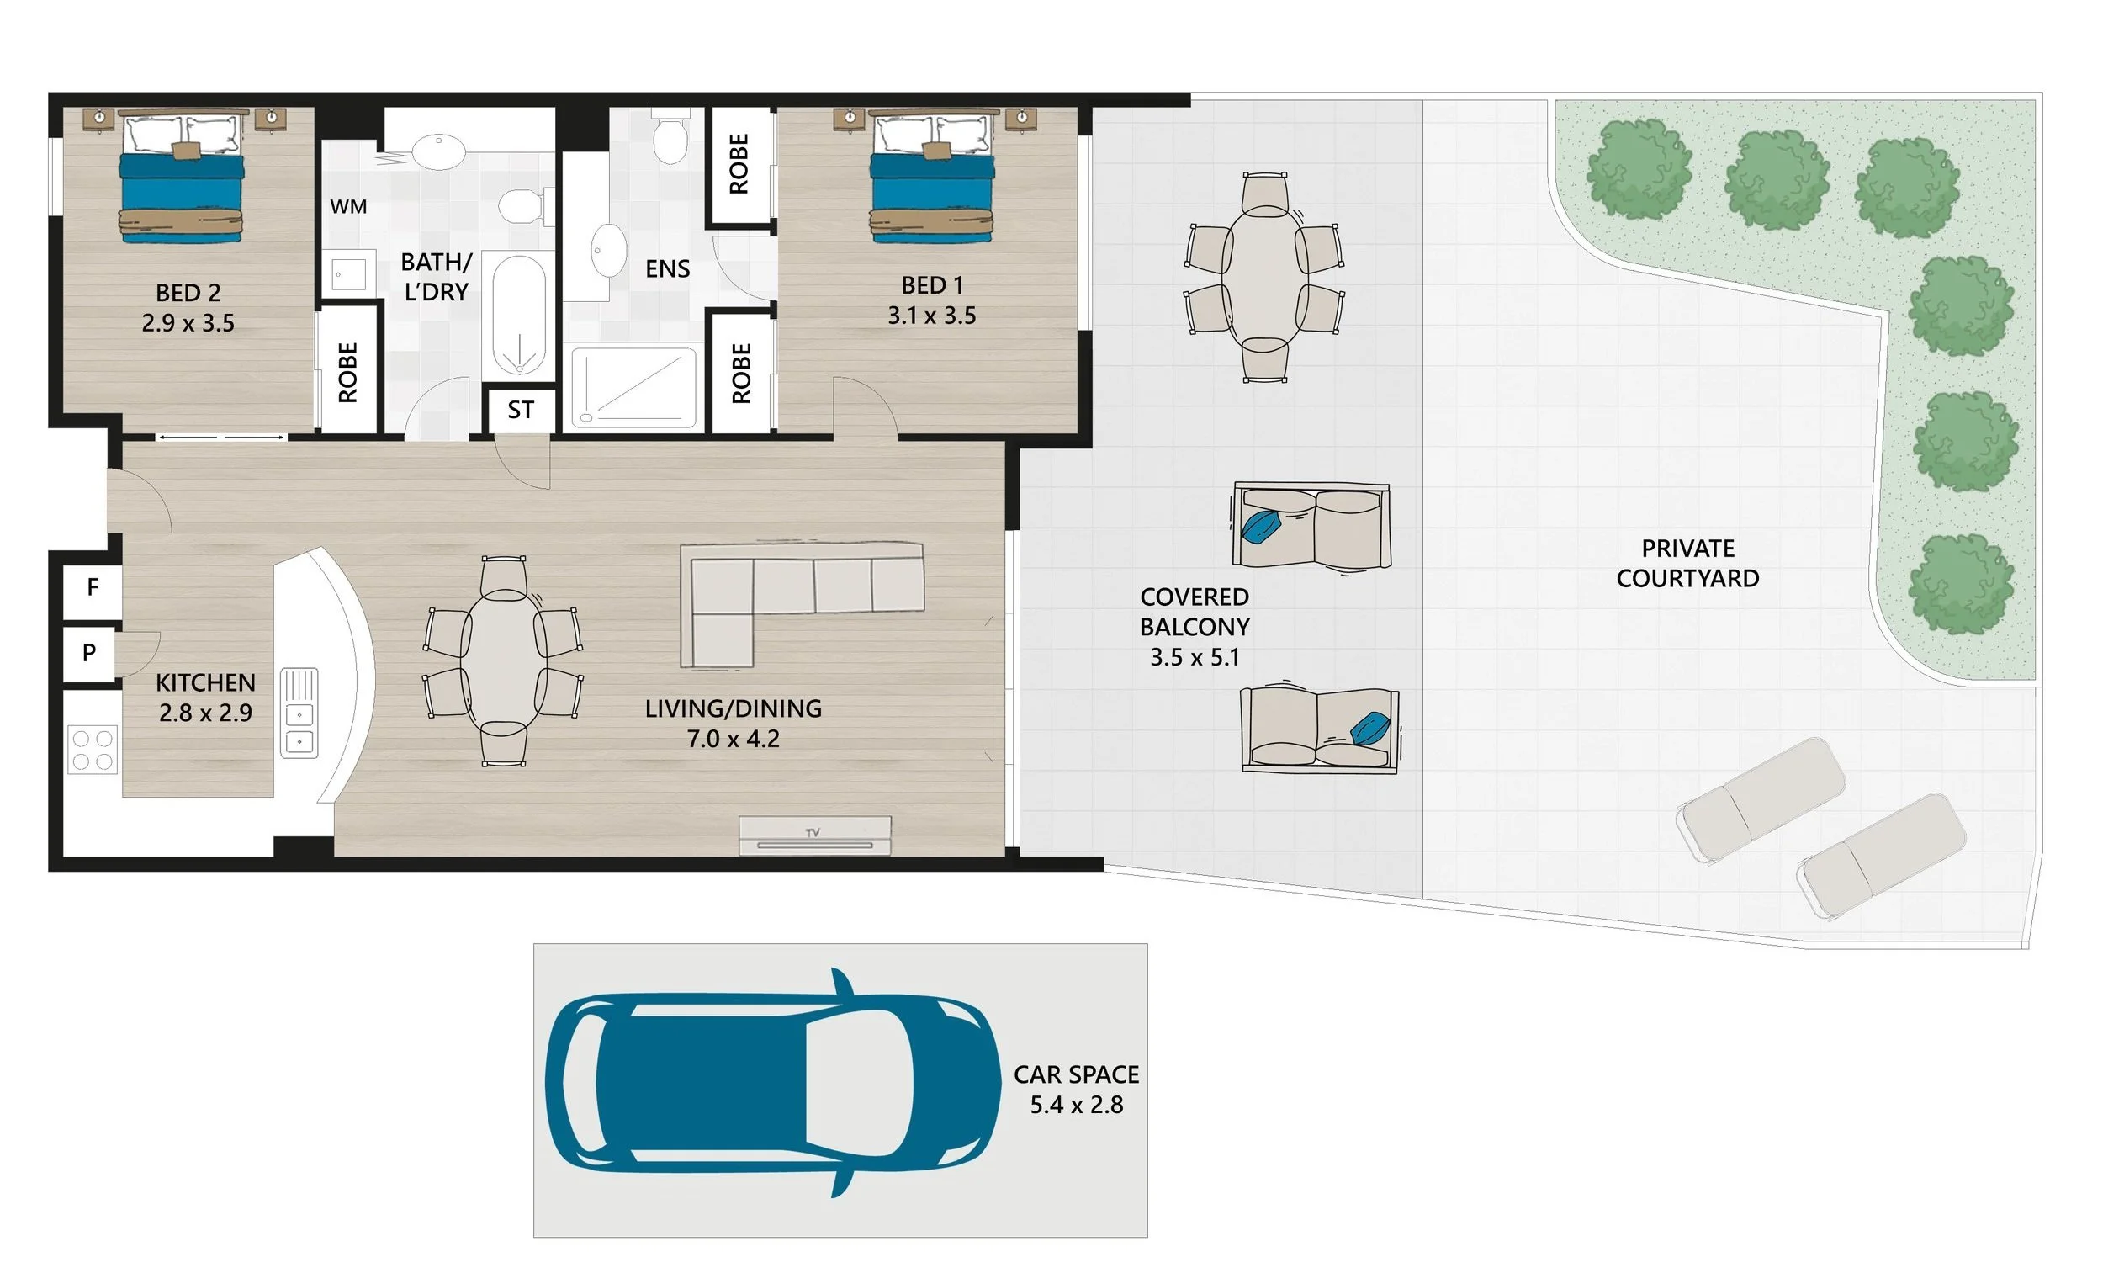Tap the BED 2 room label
[188, 293]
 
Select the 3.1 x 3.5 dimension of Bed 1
[932, 316]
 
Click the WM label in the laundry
[348, 207]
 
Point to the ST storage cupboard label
[521, 411]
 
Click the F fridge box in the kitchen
[93, 587]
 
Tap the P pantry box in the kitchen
[90, 653]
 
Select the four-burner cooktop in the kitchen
[93, 750]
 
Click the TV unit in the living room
[815, 835]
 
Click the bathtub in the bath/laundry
[519, 315]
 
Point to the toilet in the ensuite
[670, 137]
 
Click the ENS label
[667, 269]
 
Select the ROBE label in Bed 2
[347, 372]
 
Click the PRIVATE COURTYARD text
[1687, 564]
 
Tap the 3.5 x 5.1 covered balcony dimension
[1194, 657]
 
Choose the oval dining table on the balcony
[1264, 278]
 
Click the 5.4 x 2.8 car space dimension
[1076, 1105]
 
